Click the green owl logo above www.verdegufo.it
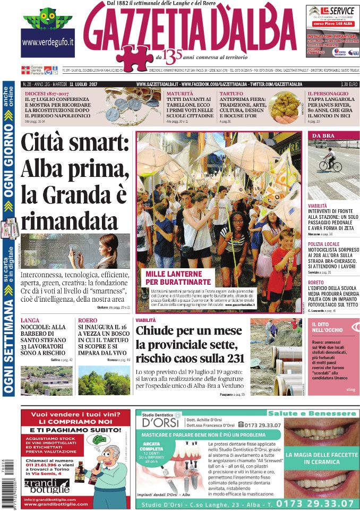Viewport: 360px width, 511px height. (x=47, y=19)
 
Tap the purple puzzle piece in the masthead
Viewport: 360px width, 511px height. (x=133, y=57)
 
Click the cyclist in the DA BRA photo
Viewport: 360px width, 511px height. (x=330, y=160)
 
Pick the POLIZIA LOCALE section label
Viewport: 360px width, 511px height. (x=325, y=244)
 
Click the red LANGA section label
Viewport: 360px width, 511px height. (x=30, y=320)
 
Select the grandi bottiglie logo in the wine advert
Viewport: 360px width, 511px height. (x=47, y=486)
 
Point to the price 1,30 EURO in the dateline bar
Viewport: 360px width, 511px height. (x=348, y=84)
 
